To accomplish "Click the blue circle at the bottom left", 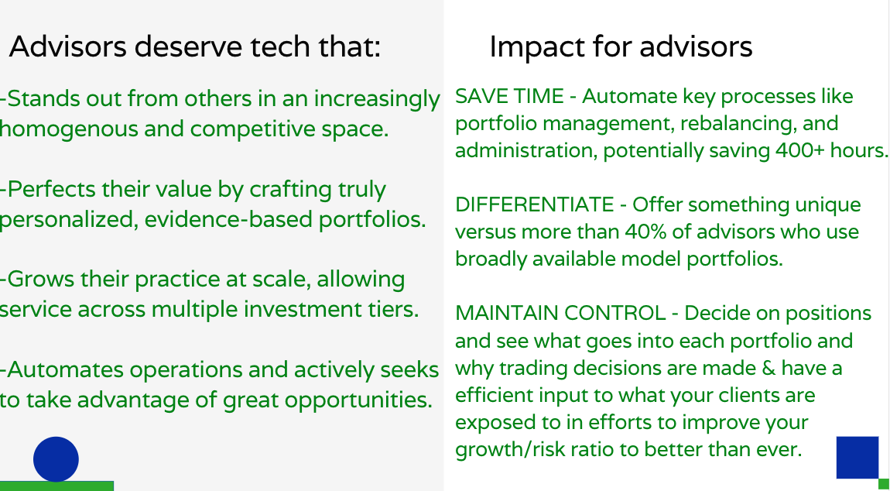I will pyautogui.click(x=56, y=459).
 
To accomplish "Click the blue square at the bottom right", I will pyautogui.click(x=857, y=458).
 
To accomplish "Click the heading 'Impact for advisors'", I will pyautogui.click(x=621, y=47).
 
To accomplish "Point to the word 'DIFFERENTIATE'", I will pyautogui.click(x=534, y=205).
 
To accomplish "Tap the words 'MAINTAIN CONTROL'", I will pyautogui.click(x=560, y=314).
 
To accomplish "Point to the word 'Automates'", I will pyautogui.click(x=66, y=370).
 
